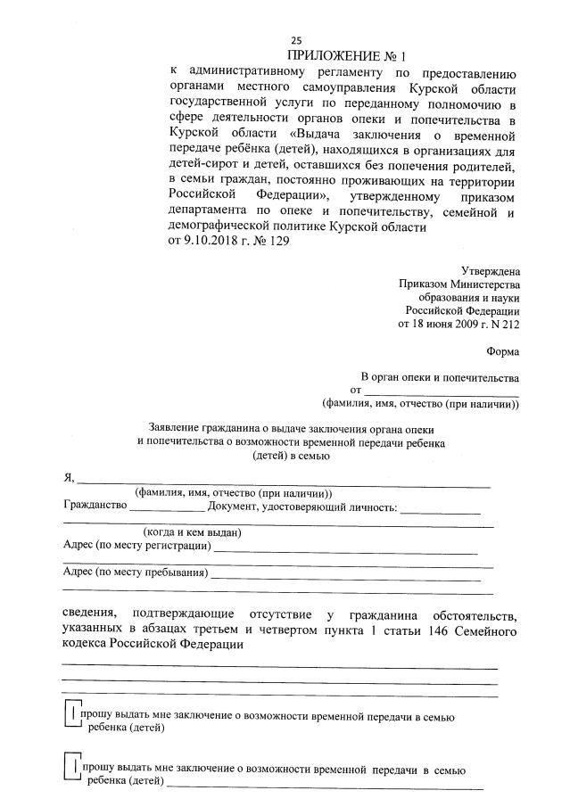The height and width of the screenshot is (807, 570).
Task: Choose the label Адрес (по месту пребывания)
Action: (x=135, y=572)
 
